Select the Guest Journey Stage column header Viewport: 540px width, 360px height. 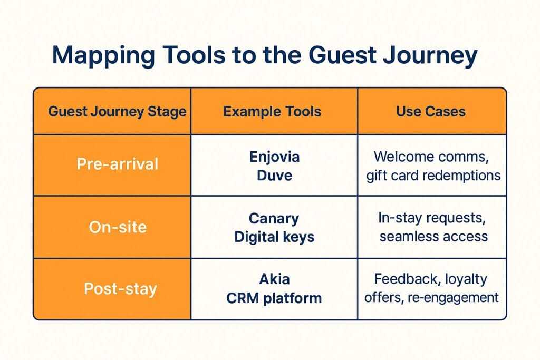[117, 111]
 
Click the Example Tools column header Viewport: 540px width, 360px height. [272, 111]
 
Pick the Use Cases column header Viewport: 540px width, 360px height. [431, 111]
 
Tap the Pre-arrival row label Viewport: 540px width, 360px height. [117, 164]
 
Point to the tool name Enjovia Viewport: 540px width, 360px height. [274, 157]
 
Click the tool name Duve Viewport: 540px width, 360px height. [274, 175]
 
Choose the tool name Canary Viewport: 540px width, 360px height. [274, 218]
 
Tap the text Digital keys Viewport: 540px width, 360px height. [274, 237]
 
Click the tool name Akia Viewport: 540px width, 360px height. [274, 279]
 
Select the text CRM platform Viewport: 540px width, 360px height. [274, 298]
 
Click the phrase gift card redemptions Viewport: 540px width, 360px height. [433, 174]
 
